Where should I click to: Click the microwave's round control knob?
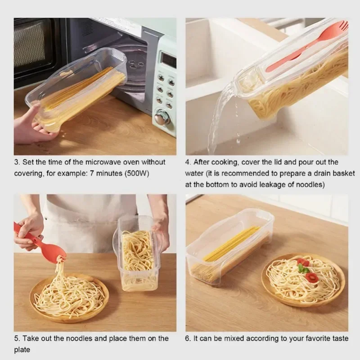[161, 118]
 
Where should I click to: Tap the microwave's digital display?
[168, 59]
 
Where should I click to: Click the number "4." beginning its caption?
[189, 162]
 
